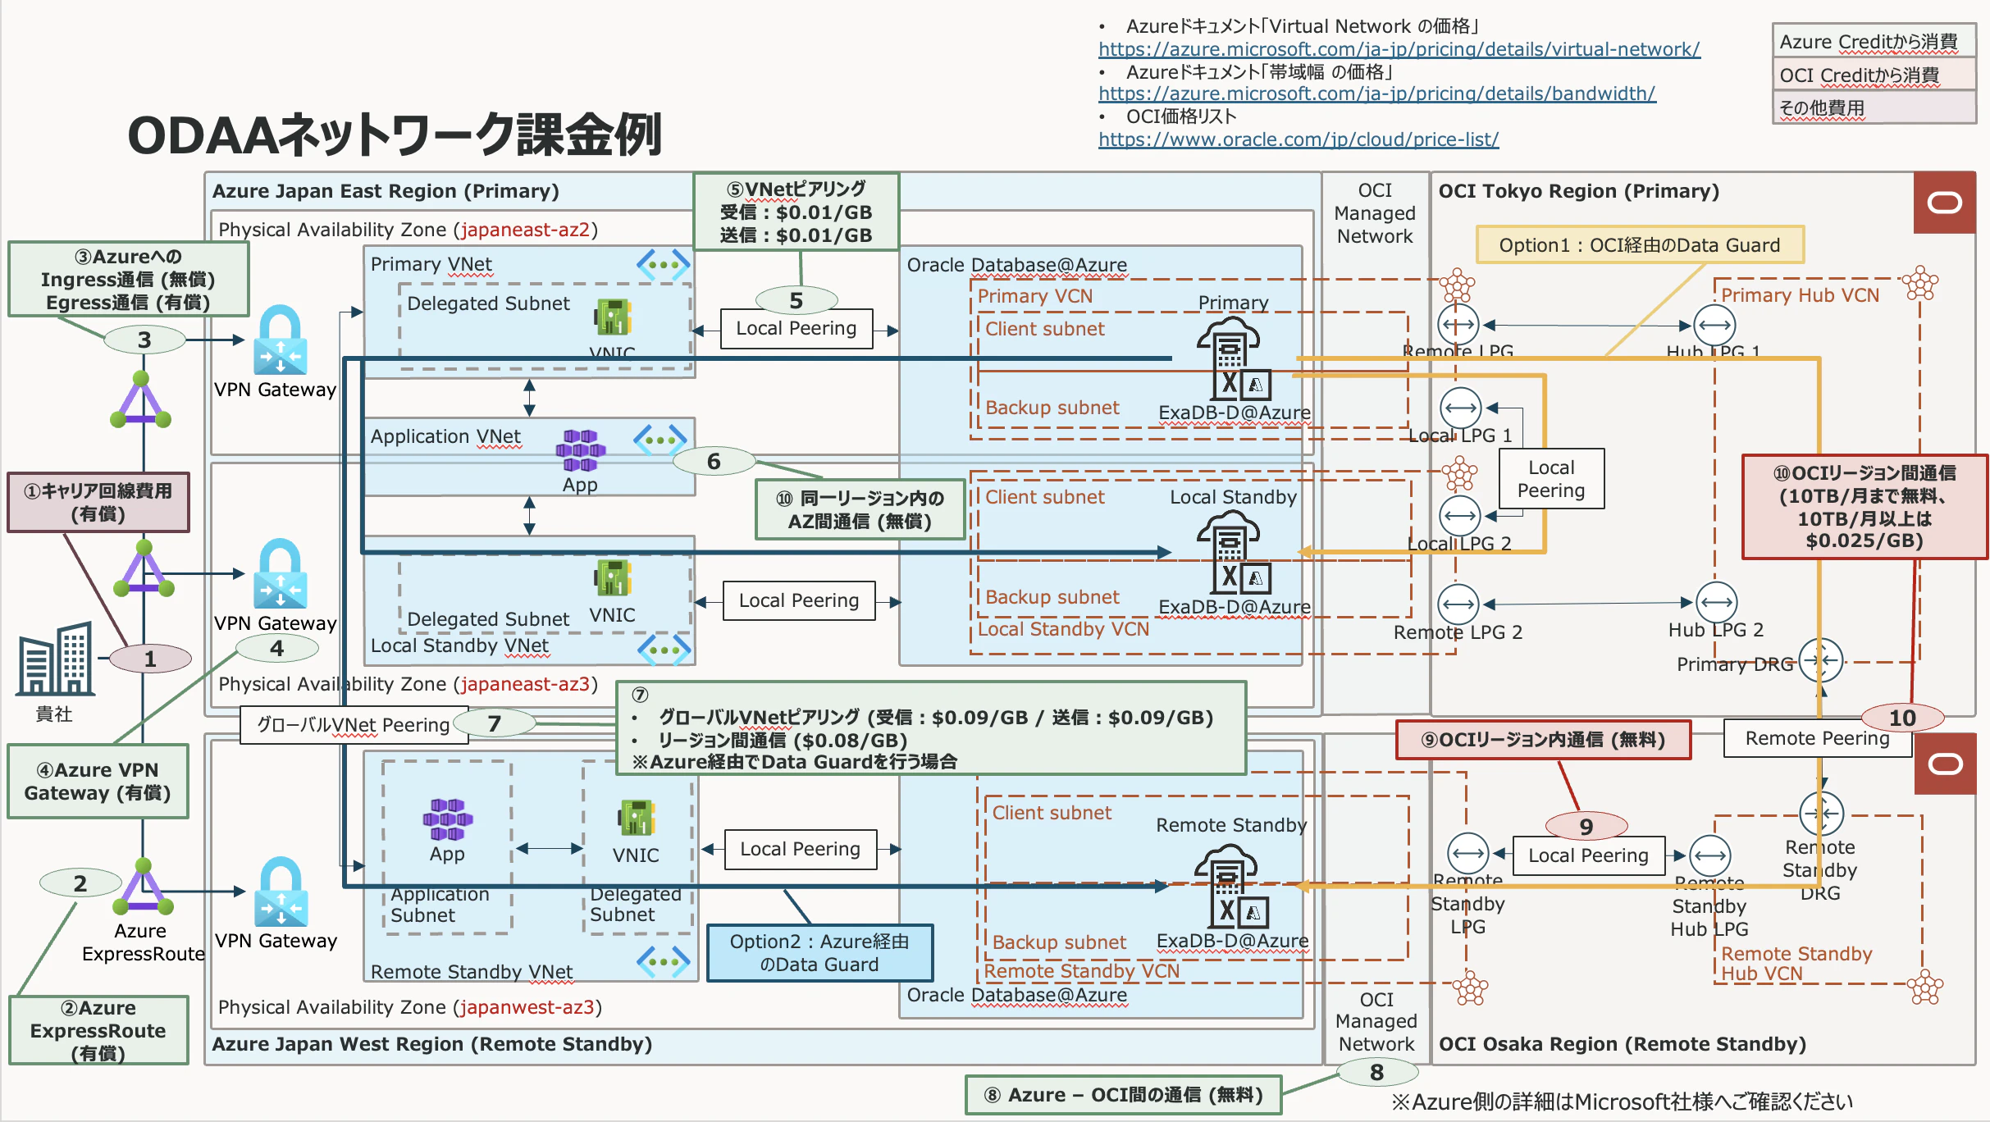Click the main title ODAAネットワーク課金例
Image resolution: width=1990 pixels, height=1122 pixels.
[394, 135]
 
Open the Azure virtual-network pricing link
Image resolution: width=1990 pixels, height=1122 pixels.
[1399, 49]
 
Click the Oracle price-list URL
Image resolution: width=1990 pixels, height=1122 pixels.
[1298, 139]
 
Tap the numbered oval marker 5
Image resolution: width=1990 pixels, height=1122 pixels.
[796, 301]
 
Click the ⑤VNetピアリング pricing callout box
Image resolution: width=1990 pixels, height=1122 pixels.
[796, 212]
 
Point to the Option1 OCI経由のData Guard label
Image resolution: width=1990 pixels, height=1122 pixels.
[1639, 245]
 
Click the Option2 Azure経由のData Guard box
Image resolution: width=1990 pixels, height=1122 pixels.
[819, 953]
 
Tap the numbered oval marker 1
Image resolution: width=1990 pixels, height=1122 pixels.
[150, 659]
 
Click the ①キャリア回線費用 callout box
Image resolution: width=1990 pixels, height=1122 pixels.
[98, 502]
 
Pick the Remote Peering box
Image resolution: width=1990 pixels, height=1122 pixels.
[1816, 738]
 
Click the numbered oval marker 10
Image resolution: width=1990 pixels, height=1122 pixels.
[1901, 718]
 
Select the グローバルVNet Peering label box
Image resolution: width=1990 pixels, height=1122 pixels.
[354, 725]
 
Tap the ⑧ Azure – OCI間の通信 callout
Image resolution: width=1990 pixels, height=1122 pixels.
[1123, 1095]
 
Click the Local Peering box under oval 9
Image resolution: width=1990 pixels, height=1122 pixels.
[1587, 855]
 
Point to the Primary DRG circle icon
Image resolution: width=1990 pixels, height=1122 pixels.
[1820, 660]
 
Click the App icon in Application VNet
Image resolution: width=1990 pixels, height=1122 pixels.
[580, 450]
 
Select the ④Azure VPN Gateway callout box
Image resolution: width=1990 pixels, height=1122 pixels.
[98, 781]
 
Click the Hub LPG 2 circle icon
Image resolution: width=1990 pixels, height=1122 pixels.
[1716, 603]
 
